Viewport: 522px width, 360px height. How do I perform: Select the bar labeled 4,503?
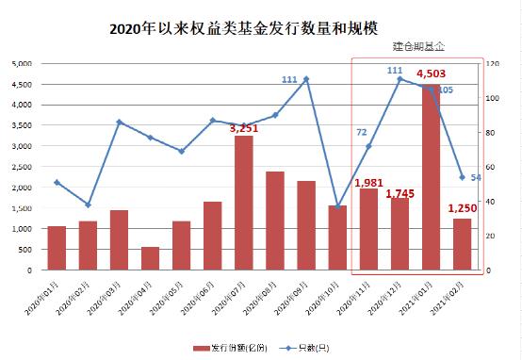click(430, 179)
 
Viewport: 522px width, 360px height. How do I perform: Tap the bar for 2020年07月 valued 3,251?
click(243, 204)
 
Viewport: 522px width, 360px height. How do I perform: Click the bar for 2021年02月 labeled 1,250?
click(461, 244)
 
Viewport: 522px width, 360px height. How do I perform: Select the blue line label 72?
click(361, 133)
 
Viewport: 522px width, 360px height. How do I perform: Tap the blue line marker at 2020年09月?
click(305, 79)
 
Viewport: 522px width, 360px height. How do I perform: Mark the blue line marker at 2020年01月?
click(57, 183)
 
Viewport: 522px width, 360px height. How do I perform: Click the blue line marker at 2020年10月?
click(336, 206)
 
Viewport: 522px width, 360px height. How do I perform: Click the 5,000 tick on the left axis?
click(20, 63)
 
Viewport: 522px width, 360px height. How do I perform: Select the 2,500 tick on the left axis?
click(20, 167)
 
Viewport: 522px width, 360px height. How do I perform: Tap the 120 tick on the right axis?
click(491, 63)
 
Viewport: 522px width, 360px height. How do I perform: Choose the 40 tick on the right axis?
click(489, 201)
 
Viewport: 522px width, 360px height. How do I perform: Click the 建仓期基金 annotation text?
click(418, 45)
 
